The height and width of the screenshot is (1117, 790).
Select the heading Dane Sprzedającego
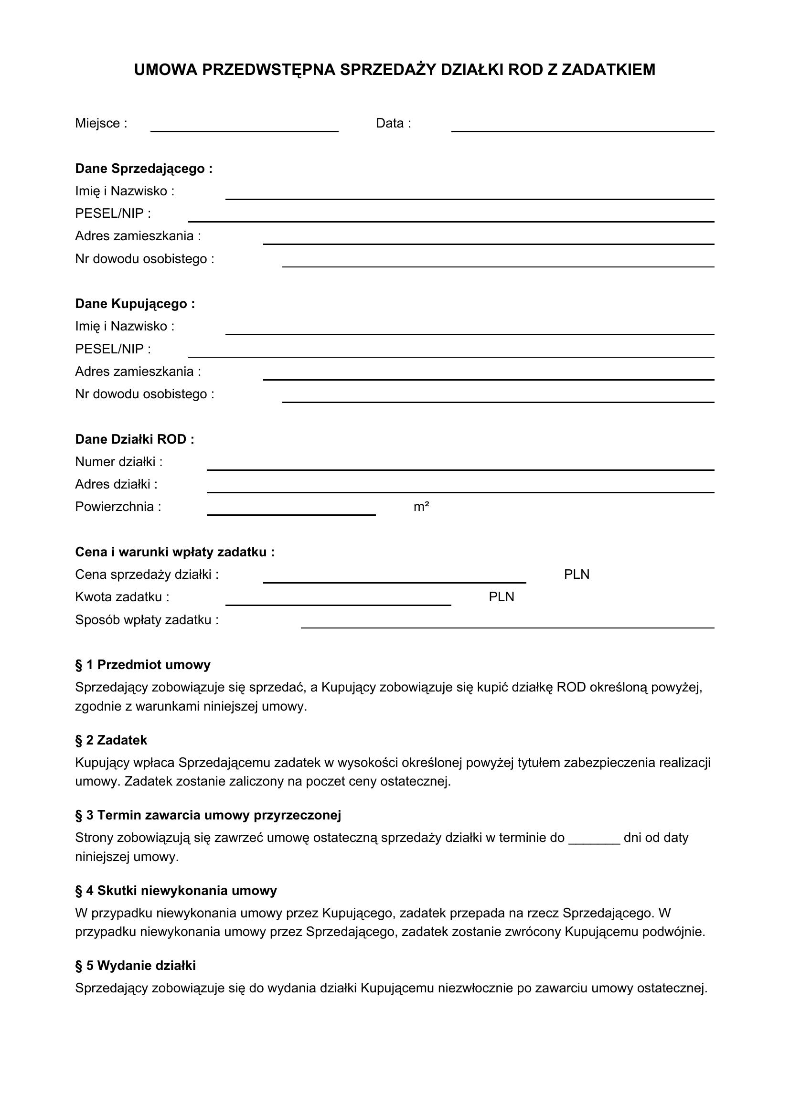(143, 169)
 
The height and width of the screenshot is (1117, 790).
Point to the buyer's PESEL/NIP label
(113, 349)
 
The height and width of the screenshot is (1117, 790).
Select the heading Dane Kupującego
(135, 304)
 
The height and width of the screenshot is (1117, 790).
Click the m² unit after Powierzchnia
(421, 507)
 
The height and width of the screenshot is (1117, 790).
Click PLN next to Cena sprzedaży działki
(576, 574)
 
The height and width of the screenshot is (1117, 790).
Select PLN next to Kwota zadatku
(501, 597)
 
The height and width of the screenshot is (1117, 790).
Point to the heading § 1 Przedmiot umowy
(142, 665)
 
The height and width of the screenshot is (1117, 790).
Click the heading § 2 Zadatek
(111, 740)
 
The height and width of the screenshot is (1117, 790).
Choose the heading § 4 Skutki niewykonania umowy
(176, 891)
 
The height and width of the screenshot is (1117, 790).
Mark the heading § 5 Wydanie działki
(135, 966)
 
